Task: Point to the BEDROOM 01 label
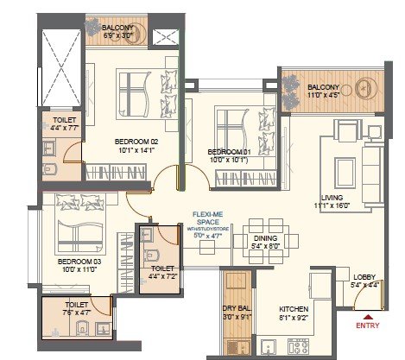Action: pos(228,151)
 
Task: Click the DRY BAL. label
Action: pos(236,308)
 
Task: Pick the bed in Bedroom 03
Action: pos(79,226)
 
